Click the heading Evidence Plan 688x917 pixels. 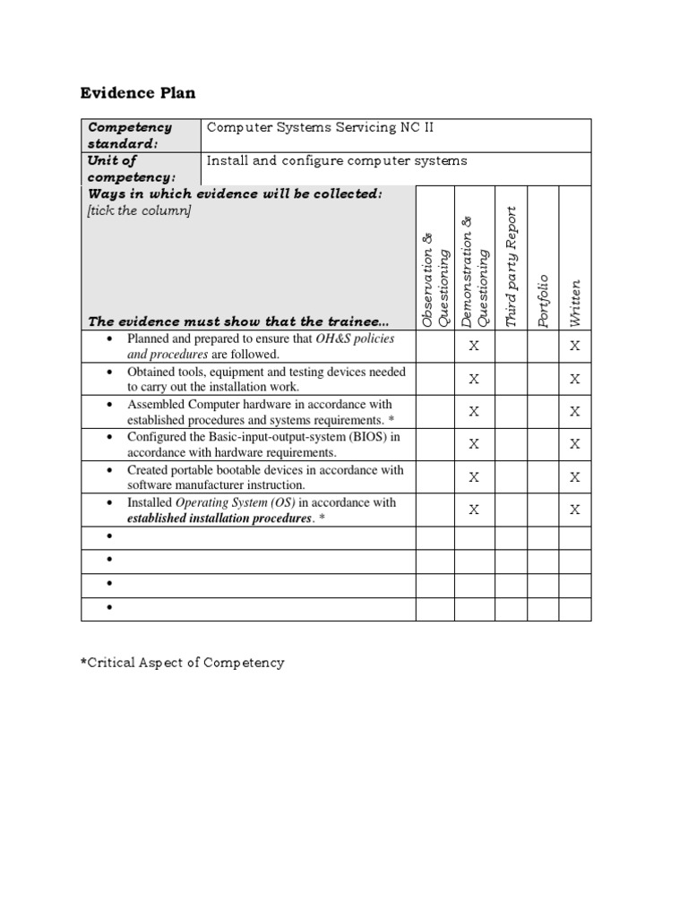click(138, 93)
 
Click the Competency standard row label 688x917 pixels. click(129, 135)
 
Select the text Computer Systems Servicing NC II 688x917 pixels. click(321, 127)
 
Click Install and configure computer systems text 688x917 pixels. click(337, 161)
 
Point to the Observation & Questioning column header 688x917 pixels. click(434, 277)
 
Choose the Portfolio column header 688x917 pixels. click(543, 301)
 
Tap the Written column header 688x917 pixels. click(575, 304)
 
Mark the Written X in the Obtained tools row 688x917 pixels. click(575, 380)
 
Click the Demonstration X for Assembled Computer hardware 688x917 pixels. click(474, 412)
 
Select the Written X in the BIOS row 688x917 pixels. click(575, 444)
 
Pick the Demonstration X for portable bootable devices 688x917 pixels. click(474, 477)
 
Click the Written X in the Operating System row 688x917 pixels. click(575, 510)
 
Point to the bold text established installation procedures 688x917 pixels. click(219, 518)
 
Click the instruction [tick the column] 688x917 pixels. click(139, 210)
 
